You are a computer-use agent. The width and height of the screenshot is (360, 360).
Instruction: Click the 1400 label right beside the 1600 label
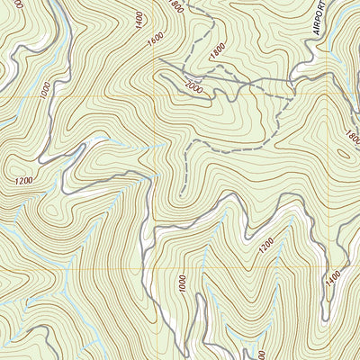pyautogui.click(x=137, y=18)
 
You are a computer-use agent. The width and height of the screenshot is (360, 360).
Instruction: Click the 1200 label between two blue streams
pyautogui.click(x=265, y=243)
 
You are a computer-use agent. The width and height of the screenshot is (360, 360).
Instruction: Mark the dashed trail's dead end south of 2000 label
pyautogui.click(x=180, y=194)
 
